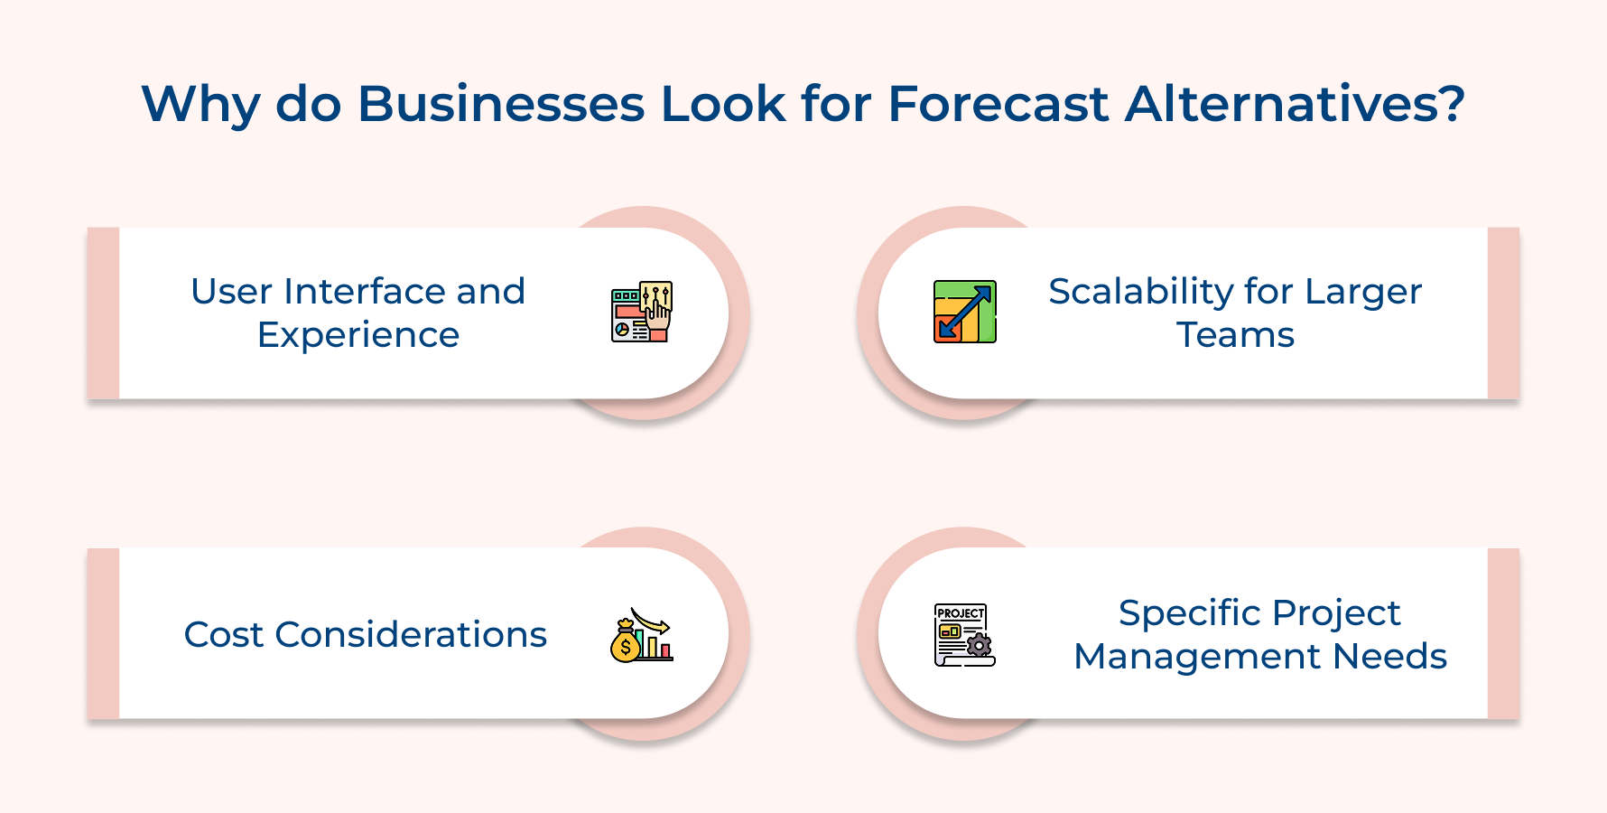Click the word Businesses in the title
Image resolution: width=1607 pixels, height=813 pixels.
click(501, 104)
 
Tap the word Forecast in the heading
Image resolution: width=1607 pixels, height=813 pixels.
click(998, 104)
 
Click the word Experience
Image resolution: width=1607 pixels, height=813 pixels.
click(358, 335)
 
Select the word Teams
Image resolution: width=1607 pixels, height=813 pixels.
click(1235, 335)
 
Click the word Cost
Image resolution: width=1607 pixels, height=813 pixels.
click(223, 635)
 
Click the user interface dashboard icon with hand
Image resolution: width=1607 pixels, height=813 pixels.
click(642, 312)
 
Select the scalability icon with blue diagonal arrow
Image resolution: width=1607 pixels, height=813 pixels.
click(964, 312)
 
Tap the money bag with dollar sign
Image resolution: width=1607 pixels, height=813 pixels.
click(625, 645)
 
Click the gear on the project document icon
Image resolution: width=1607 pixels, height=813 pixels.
click(979, 645)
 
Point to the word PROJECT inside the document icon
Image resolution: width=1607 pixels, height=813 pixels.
click(960, 613)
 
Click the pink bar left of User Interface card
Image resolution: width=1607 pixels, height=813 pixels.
click(103, 313)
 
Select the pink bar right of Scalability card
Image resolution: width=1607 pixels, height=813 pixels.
click(1503, 313)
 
